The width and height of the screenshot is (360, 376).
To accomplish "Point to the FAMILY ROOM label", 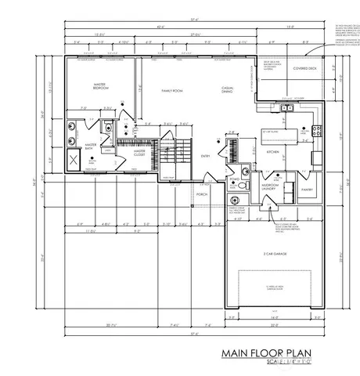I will coord(171,91).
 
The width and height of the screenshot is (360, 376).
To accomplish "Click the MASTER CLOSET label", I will coord(138,154).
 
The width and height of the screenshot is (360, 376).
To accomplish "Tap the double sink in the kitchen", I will coord(287,109).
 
